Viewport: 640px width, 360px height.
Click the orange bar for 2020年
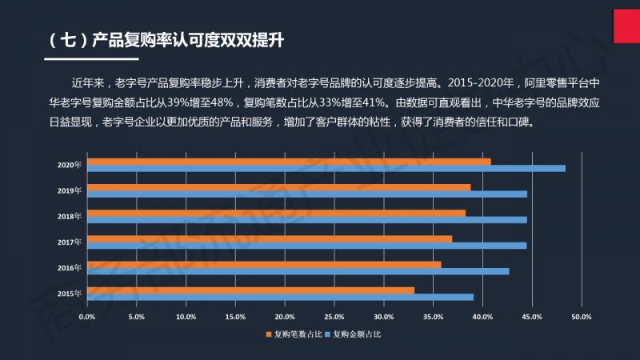pos(288,162)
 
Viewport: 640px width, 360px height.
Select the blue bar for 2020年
pos(326,168)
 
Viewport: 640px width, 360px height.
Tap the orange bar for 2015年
pos(250,290)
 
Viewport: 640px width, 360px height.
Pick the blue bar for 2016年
pos(298,271)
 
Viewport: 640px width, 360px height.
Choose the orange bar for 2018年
pos(276,213)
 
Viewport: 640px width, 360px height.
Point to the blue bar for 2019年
pos(307,194)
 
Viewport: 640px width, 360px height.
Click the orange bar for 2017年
pos(269,238)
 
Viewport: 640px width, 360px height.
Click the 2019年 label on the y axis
pos(70,190)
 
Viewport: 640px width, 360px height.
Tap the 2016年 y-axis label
pos(70,267)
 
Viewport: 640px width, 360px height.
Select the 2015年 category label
pos(70,294)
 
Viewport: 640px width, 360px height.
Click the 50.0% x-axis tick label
pos(581,317)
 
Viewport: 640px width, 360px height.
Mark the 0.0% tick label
pos(87,317)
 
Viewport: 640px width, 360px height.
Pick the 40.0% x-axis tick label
pos(482,317)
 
